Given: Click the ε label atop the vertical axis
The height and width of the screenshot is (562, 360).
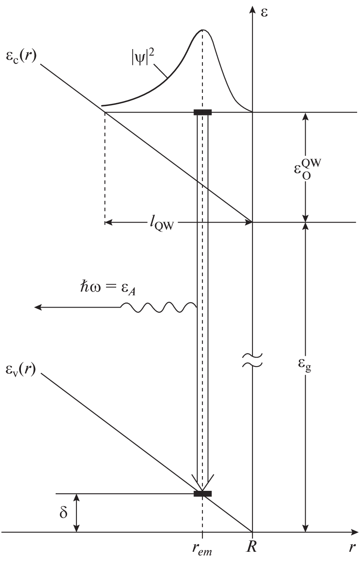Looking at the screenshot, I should coord(265,12).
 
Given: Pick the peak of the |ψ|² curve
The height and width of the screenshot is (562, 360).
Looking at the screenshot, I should coord(202,30).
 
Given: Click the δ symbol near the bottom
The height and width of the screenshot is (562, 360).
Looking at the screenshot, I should coord(63,513).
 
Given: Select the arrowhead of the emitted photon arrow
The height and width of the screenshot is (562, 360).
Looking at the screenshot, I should coord(38,307).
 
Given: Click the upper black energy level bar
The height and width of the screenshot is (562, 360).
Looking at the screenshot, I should coord(202,112).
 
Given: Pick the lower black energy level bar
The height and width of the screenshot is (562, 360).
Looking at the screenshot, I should coord(202,494).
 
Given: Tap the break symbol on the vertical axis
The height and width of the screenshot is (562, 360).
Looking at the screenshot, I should coord(252,360).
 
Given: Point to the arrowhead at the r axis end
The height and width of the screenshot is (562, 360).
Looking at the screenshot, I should coord(354,532).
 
